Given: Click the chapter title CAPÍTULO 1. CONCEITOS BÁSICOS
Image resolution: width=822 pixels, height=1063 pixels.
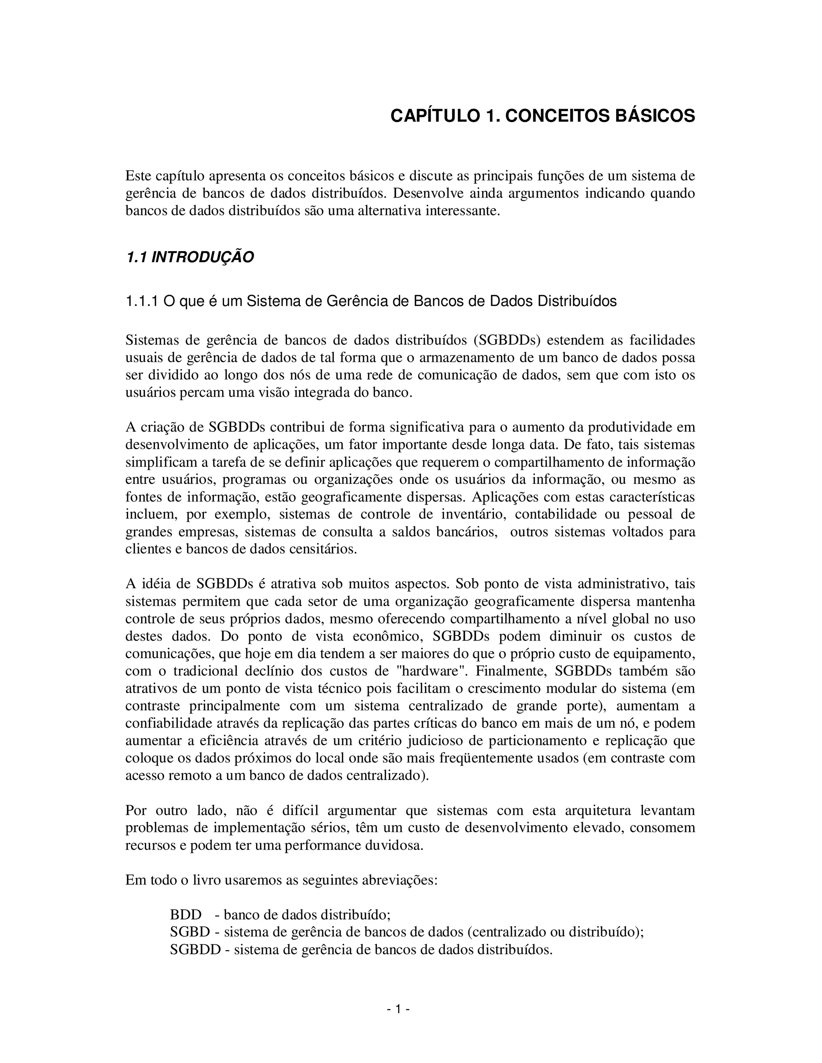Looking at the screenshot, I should point(543,116).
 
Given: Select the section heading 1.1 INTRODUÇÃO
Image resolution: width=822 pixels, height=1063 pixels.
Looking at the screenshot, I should point(189,257).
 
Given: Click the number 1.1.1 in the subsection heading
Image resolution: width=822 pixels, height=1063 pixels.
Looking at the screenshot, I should point(142,301).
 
